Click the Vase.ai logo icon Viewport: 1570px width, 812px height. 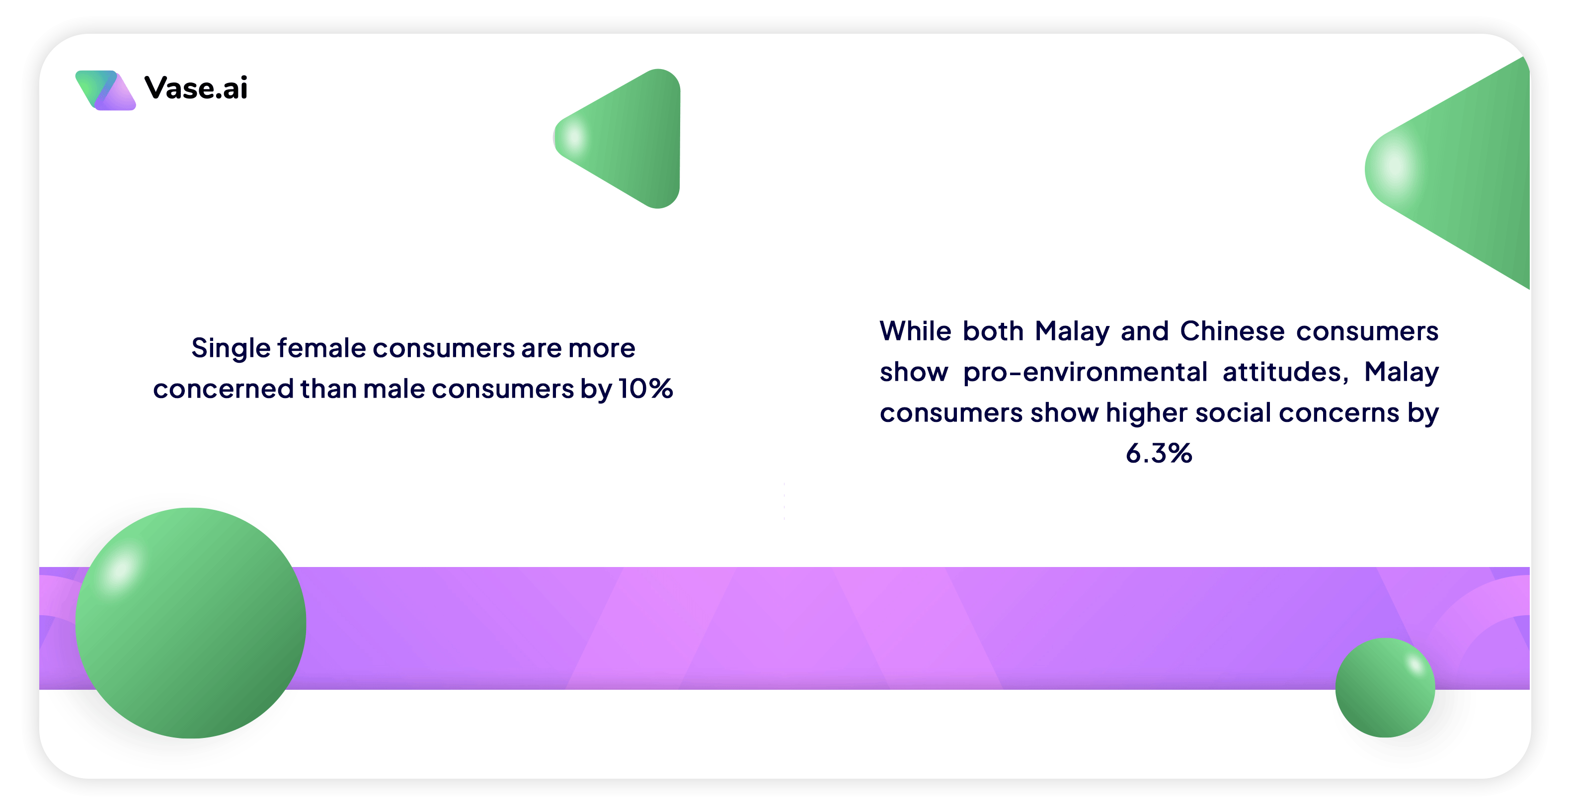105,90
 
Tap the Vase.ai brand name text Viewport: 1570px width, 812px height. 196,88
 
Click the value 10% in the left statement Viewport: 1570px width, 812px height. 646,388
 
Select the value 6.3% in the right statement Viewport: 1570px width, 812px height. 1159,453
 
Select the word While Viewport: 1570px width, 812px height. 915,331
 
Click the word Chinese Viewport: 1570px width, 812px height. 1232,331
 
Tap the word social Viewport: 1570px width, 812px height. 1232,412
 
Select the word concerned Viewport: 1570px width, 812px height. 223,388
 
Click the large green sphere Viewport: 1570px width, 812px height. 191,623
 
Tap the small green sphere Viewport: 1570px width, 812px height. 1385,688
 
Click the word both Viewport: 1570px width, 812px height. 993,331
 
